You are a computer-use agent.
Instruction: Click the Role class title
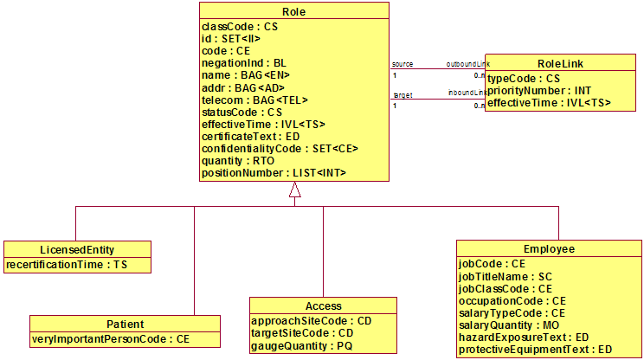pos(294,12)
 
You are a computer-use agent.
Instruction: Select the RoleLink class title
pos(561,62)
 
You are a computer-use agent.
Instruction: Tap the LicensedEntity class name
pos(77,248)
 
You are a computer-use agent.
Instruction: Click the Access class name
pos(323,306)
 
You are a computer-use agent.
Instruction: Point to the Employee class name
pos(549,248)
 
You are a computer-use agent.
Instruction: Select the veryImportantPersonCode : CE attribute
pos(110,339)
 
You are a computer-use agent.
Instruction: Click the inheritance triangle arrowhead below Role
pos(294,191)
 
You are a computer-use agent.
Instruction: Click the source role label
pos(402,64)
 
